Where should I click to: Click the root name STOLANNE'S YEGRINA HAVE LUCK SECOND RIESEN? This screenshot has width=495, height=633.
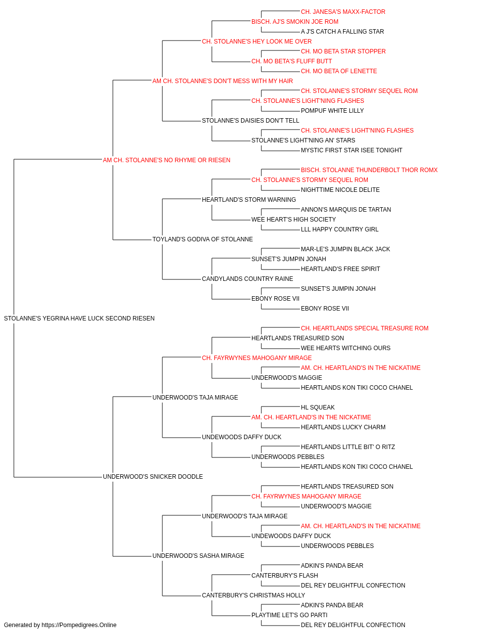(x=79, y=318)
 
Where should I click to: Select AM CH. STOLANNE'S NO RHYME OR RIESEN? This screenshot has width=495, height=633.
(x=166, y=160)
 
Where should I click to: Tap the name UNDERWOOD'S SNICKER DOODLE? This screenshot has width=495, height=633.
(x=153, y=477)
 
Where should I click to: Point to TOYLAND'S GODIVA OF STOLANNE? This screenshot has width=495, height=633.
(x=202, y=239)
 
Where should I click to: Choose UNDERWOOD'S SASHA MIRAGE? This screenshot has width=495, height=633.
(x=198, y=556)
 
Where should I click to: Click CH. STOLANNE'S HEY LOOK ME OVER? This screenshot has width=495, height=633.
(x=257, y=42)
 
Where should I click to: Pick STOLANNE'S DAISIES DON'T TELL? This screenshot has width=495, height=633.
(x=250, y=121)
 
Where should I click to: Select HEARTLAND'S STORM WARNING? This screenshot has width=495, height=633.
(x=249, y=200)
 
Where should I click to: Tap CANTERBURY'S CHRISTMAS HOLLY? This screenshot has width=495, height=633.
(x=253, y=595)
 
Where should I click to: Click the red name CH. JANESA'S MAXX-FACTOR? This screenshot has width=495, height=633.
(x=343, y=12)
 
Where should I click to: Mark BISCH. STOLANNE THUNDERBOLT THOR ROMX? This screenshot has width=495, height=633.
(x=369, y=170)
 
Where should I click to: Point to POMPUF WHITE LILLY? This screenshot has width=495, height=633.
(x=332, y=111)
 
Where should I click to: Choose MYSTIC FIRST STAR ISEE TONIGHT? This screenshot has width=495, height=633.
(x=351, y=150)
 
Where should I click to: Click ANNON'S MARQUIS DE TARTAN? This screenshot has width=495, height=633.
(x=346, y=210)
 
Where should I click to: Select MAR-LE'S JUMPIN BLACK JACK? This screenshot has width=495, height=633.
(x=346, y=249)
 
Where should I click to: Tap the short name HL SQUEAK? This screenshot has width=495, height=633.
(x=318, y=407)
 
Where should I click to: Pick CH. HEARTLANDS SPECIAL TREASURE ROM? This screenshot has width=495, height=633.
(x=365, y=328)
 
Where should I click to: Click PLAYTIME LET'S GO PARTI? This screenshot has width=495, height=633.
(x=290, y=615)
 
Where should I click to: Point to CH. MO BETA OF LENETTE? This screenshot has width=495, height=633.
(x=339, y=71)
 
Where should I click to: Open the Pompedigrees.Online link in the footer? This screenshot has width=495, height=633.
(x=79, y=625)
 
